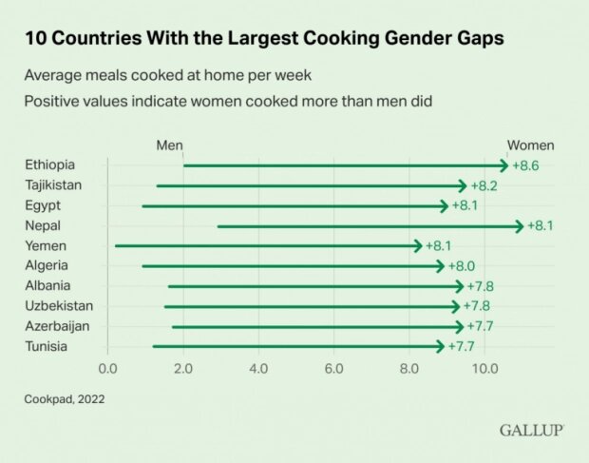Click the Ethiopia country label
coord(49,164)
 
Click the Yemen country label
coord(47,245)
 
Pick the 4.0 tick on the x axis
coord(258,368)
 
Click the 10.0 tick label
coord(485,368)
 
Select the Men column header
coord(169,145)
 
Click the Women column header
coord(530,145)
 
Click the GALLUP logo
coord(532,431)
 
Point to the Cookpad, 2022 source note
coord(65,399)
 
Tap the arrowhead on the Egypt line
coord(444,205)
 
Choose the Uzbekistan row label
coord(60,306)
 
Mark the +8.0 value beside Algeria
coord(461,266)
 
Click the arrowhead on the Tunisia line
coord(440,346)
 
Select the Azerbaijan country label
coord(59,326)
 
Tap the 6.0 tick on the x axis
coord(334,368)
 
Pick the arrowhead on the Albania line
coord(460,286)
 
